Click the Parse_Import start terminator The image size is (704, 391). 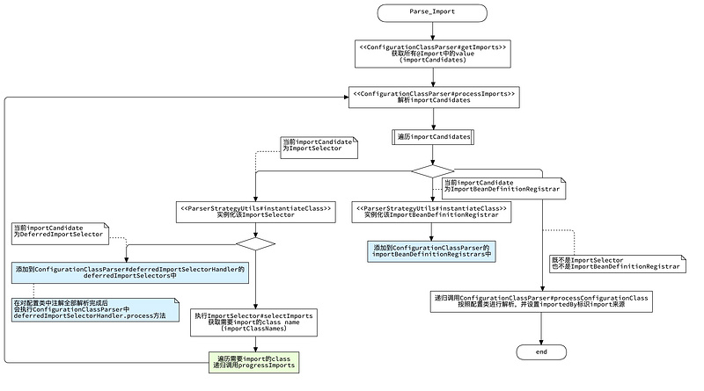point(432,12)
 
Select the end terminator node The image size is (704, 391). point(540,351)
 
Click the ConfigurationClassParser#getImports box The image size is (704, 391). point(432,52)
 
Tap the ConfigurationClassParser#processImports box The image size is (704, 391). point(432,96)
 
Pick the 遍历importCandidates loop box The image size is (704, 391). point(432,137)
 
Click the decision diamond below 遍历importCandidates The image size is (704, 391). point(432,170)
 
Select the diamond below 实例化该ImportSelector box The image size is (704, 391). point(255,243)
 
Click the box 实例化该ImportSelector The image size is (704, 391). point(255,211)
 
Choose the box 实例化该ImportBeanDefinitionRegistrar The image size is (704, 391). point(432,211)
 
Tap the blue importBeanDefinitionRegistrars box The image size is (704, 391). point(431,250)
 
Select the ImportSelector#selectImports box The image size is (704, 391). point(254,322)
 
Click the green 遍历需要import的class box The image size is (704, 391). point(254,361)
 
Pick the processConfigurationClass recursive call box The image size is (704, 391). point(540,301)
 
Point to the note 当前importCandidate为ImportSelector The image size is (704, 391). point(319,146)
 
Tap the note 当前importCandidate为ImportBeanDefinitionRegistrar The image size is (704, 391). point(502,185)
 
